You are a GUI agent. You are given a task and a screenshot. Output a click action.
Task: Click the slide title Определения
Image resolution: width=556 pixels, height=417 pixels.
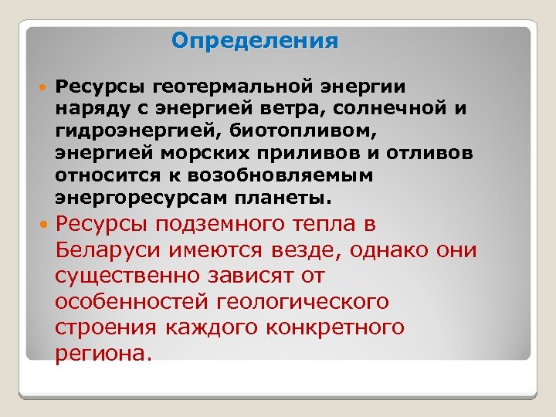click(255, 40)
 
